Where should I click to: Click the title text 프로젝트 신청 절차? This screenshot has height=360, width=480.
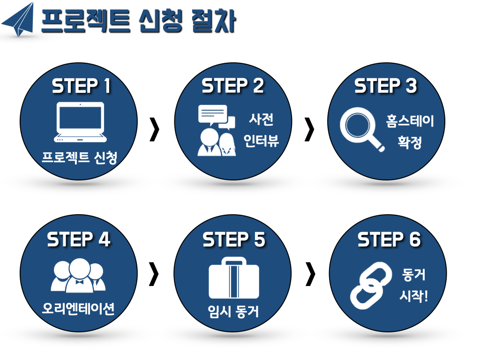click(138, 21)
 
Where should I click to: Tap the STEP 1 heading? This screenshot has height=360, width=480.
click(81, 86)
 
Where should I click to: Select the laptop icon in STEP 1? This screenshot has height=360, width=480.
click(80, 122)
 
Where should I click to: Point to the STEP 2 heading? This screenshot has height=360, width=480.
click(233, 86)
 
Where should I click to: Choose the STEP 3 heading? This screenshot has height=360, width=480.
click(385, 86)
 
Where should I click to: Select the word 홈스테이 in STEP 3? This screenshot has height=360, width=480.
click(410, 121)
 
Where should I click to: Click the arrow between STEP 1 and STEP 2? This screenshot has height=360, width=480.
click(154, 130)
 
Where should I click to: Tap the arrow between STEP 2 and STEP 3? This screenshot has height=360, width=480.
click(309, 130)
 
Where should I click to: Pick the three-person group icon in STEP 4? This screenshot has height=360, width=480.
click(78, 276)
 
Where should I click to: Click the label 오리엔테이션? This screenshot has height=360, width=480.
click(78, 308)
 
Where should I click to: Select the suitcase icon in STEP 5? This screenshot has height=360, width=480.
click(233, 277)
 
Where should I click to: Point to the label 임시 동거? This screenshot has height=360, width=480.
click(233, 311)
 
